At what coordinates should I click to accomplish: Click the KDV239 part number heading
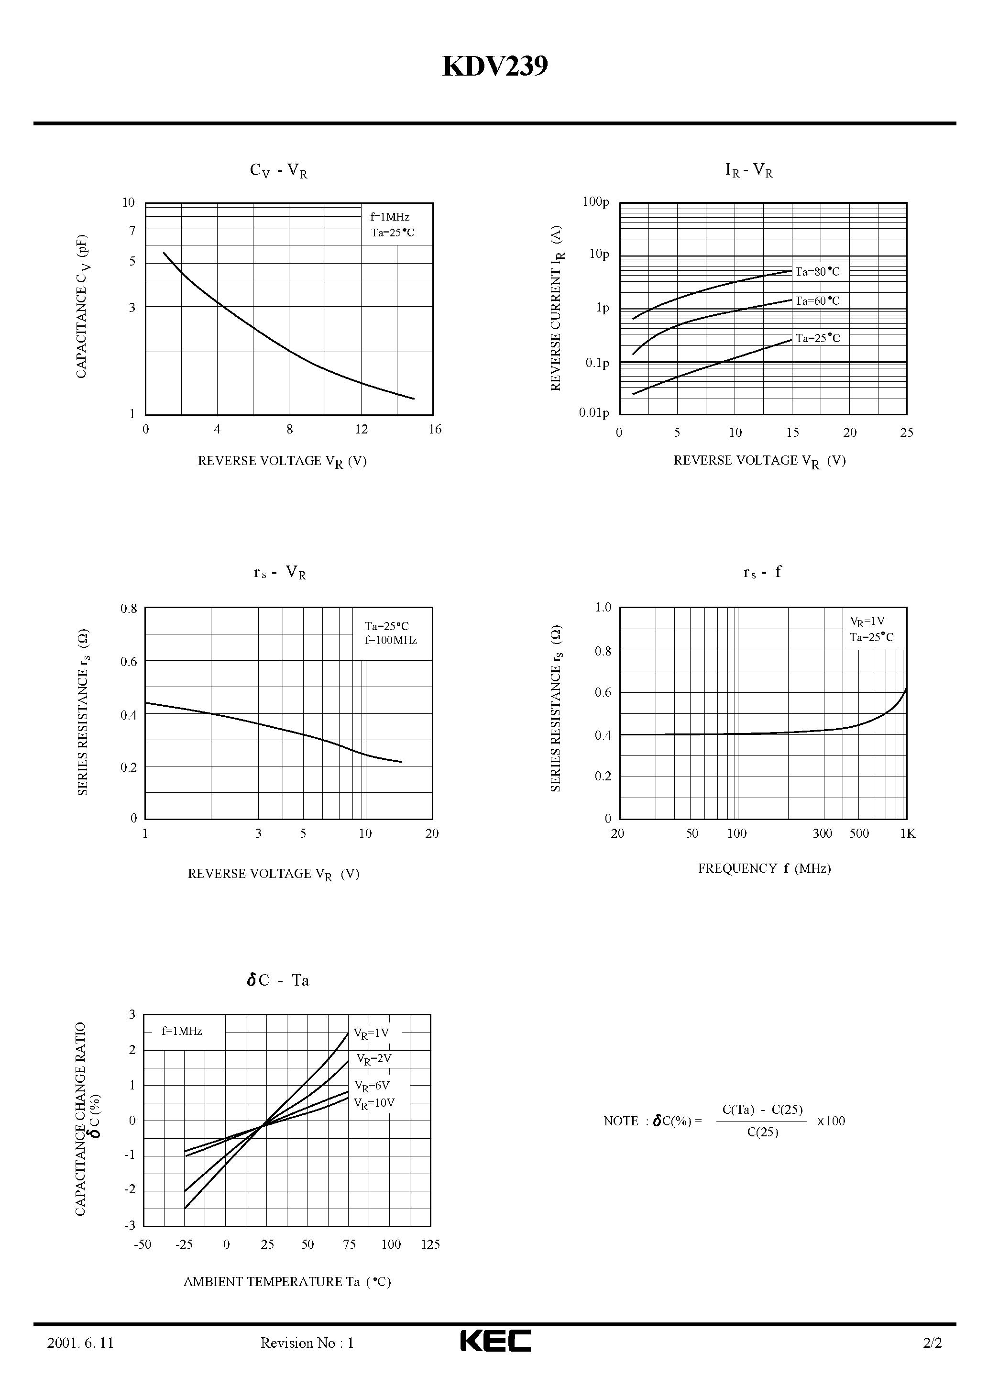494,67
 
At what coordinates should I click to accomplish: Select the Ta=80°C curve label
817,272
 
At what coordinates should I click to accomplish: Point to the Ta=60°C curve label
817,301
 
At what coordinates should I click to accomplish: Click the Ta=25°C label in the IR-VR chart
817,338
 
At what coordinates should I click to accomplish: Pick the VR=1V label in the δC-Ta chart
372,1034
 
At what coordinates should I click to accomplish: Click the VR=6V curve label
372,1086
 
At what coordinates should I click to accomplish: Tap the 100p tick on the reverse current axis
596,202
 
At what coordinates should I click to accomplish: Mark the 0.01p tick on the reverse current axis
594,413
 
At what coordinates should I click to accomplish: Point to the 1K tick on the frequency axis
908,833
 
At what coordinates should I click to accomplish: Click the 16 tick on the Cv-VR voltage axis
434,430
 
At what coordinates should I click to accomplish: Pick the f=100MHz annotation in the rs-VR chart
390,640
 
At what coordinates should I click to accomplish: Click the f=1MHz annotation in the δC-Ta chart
182,1031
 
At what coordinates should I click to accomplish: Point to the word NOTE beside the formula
621,1121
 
